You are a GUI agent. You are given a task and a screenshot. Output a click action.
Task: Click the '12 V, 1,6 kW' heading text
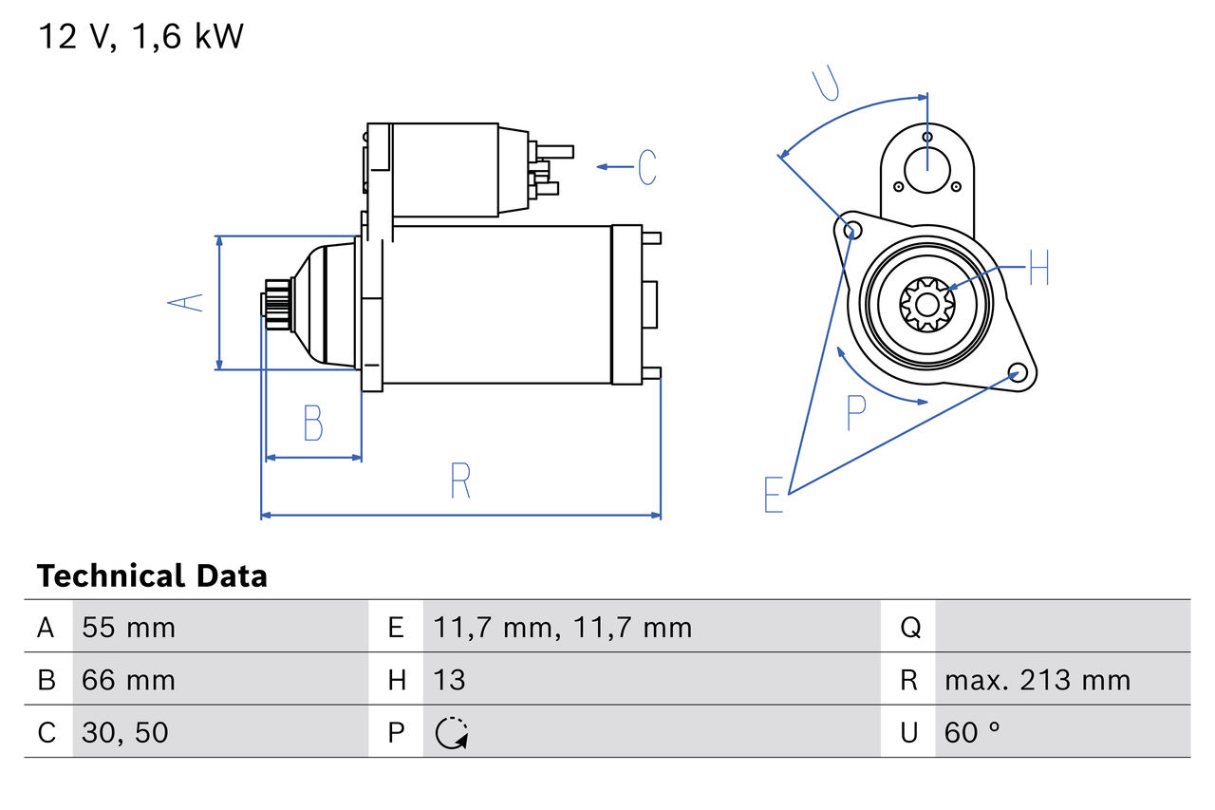coord(140,36)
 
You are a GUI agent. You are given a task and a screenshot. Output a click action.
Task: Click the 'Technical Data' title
coord(152,576)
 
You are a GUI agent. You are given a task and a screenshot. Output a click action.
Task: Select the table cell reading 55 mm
coord(128,628)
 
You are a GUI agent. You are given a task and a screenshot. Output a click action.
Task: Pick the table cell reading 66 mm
coord(128,680)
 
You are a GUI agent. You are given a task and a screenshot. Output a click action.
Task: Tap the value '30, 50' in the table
coord(125,732)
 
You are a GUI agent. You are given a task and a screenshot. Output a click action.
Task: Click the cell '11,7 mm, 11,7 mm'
coord(562,628)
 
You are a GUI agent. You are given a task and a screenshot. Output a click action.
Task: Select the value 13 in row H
coord(450,680)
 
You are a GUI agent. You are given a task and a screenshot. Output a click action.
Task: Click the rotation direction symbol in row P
coord(452,733)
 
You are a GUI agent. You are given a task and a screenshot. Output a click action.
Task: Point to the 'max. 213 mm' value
coord(1037,680)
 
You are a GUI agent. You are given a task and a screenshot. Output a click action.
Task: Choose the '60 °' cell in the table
coord(973,732)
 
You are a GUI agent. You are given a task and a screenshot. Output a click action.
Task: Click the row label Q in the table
coord(909,628)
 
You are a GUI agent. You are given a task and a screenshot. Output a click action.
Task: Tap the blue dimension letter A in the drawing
coord(186,303)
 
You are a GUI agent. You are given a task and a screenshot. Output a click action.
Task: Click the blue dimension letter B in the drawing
coord(313,424)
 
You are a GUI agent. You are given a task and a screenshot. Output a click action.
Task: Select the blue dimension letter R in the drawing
coord(460,480)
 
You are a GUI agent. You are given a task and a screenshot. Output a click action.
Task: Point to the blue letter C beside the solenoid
coord(647,167)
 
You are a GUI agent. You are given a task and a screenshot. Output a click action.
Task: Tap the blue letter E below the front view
coord(774,495)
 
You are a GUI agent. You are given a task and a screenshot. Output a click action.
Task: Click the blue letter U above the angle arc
coord(827,84)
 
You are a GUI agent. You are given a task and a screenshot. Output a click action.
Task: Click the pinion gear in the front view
coord(926,304)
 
